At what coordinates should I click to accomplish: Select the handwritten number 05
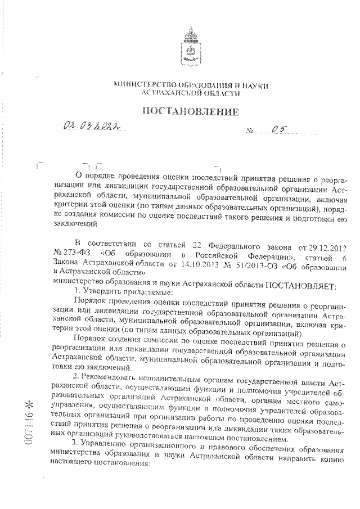[x=276, y=131]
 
